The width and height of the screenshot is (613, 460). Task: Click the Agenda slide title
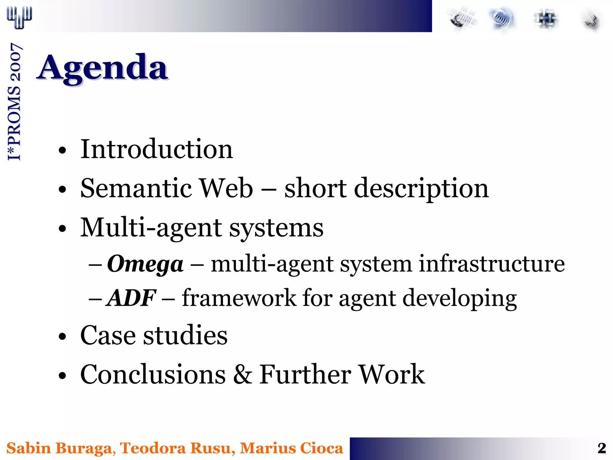tap(102, 68)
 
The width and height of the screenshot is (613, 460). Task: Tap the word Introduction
tap(156, 149)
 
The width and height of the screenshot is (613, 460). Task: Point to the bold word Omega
tap(145, 264)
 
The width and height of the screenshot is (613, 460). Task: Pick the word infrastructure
tap(491, 264)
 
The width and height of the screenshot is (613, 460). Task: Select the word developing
tap(459, 298)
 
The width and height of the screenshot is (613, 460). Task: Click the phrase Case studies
tap(154, 335)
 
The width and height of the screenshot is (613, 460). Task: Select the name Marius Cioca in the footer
tap(291, 448)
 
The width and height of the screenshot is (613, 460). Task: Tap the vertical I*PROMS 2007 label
tap(14, 102)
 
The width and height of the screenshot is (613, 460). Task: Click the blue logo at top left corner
tap(19, 17)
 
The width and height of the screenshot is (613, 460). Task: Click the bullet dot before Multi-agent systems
tap(62, 229)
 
